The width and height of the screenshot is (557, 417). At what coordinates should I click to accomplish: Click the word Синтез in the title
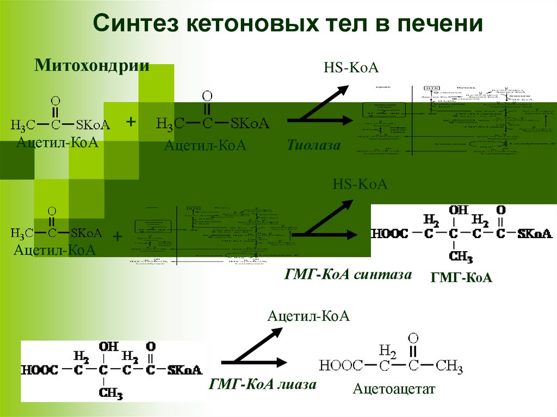135,24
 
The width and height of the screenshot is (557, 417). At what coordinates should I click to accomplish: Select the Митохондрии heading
92,66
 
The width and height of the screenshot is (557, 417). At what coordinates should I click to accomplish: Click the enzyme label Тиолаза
314,145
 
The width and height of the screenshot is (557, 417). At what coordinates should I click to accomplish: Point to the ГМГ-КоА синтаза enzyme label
348,274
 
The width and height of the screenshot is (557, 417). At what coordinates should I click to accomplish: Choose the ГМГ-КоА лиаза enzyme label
262,385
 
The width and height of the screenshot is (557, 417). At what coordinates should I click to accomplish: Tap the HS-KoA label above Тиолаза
351,69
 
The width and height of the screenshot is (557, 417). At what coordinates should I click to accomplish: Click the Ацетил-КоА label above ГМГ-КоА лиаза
308,316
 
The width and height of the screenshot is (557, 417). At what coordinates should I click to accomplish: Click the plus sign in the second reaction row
117,236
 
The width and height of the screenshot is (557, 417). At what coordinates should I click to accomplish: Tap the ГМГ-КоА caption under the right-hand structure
461,278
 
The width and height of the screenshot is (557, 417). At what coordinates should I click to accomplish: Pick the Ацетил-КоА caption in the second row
55,250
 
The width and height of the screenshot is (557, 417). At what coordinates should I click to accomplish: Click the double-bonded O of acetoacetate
413,338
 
